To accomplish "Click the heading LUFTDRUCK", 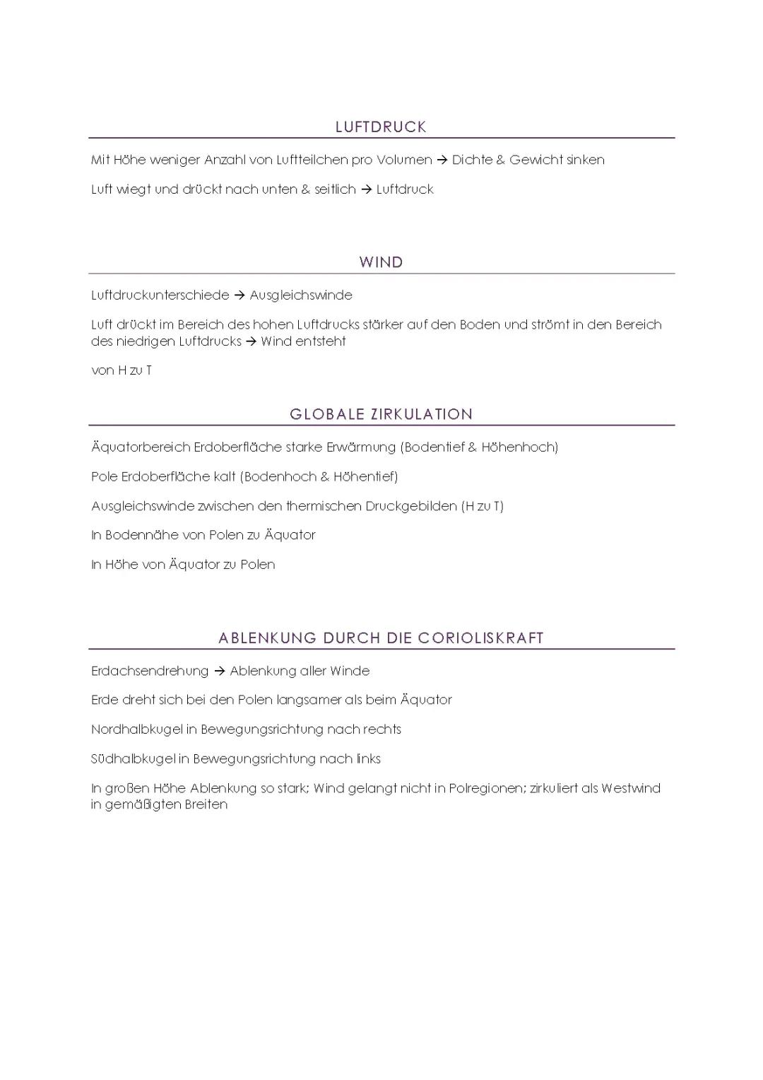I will [x=381, y=127].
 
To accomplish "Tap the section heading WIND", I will [x=381, y=262].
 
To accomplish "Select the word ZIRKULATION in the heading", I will [x=422, y=414].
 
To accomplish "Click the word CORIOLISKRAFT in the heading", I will [x=480, y=638].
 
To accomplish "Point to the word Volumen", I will [x=404, y=160].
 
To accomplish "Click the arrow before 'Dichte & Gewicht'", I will [x=442, y=160].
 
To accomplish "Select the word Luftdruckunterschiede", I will [x=160, y=295].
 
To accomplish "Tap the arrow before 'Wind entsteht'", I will [x=252, y=341].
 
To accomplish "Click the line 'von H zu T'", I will [x=122, y=370].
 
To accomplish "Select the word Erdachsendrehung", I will [x=150, y=671].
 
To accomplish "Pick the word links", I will [x=368, y=759].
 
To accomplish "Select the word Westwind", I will [x=630, y=788].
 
